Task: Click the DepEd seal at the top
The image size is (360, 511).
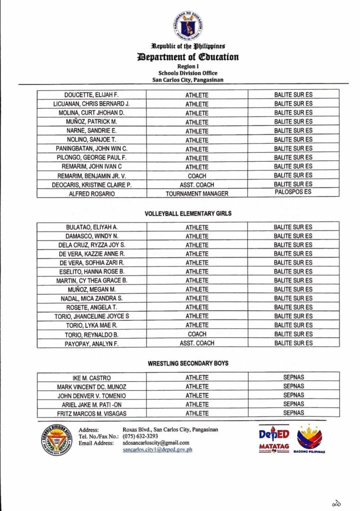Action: (188, 26)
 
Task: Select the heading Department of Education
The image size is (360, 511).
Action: (188, 57)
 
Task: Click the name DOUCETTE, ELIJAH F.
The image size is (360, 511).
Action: (92, 95)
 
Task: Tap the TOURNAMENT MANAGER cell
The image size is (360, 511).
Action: (197, 194)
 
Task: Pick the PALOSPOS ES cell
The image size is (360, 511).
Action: (293, 193)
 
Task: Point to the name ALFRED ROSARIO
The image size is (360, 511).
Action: (92, 194)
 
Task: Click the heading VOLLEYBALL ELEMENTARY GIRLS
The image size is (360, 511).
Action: (188, 214)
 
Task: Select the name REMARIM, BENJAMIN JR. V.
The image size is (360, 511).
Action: (92, 176)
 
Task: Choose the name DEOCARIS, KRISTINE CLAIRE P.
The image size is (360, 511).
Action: (92, 185)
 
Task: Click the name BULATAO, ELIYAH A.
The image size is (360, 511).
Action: (92, 227)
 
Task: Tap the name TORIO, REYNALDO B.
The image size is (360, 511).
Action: (92, 334)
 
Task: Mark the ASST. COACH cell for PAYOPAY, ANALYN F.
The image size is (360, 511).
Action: (197, 343)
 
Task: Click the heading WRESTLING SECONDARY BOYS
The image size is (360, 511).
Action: (188, 363)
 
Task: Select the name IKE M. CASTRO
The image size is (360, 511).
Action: (92, 378)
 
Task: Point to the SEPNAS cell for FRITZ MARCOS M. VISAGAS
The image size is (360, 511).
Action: (293, 413)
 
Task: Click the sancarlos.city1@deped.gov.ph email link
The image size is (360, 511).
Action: (158, 450)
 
